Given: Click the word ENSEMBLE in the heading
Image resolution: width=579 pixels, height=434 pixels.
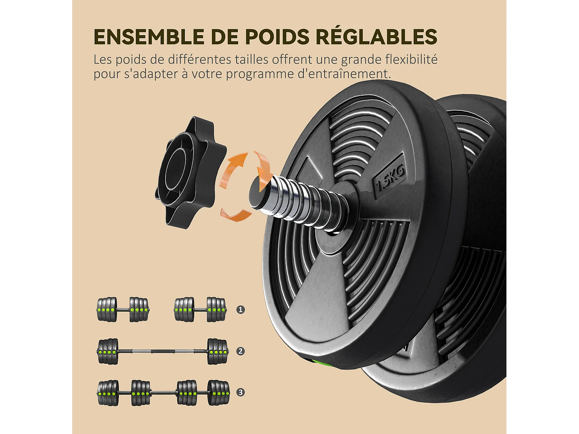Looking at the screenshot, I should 148,37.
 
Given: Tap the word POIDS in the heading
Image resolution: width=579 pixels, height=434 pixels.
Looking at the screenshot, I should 277,37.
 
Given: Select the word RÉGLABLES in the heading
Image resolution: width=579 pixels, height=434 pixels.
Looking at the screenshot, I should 376,37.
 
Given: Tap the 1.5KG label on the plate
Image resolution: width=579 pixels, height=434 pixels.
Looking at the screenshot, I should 390,177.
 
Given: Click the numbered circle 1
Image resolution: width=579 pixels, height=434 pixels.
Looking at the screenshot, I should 240,310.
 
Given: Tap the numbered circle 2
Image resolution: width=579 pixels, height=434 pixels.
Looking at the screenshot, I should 240,351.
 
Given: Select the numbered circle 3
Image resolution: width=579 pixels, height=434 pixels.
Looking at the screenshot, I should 240,392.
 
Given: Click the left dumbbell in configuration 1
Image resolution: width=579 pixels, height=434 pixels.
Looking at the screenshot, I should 122,310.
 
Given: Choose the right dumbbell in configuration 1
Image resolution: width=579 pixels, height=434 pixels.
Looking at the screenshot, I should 200,310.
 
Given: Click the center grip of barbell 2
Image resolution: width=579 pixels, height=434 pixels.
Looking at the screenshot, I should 162,351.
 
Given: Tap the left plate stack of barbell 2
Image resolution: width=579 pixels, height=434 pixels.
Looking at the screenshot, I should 108,351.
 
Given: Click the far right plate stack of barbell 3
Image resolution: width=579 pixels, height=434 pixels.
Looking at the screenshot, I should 218,393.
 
